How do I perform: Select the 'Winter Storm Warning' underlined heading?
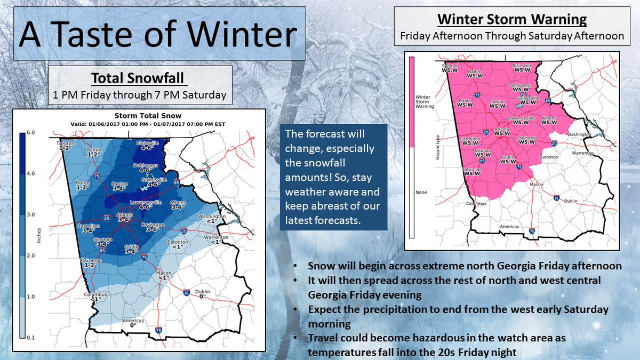coord(512,21)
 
